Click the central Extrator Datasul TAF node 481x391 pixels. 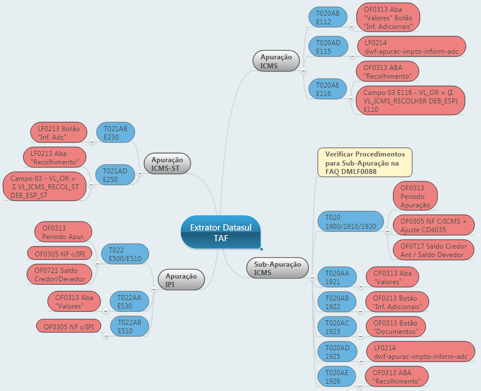220,232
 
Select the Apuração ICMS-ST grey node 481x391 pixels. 167,164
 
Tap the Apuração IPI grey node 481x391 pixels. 181,280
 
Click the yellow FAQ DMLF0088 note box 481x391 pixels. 365,163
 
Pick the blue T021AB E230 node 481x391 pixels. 116,133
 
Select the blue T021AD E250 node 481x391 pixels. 116,175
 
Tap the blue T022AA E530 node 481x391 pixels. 129,302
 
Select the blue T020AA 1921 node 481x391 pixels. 337,277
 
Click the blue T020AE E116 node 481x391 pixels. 327,89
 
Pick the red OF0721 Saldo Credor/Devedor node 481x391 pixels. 59,274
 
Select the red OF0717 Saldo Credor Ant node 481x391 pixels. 433,250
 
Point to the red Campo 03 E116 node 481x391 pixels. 414,100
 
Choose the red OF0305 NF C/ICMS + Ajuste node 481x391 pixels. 433,225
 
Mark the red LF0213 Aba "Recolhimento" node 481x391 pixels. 55,158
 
